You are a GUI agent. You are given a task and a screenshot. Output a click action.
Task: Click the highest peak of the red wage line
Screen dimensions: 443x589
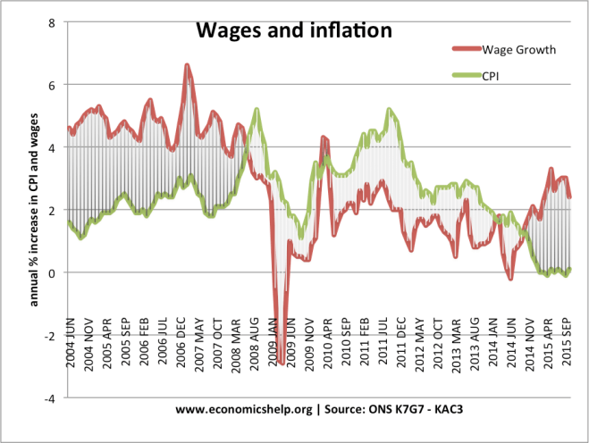click(187, 64)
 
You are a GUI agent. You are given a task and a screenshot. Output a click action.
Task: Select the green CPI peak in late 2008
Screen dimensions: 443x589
click(257, 109)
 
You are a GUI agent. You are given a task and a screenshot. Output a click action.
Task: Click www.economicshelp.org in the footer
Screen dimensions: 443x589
click(244, 410)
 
